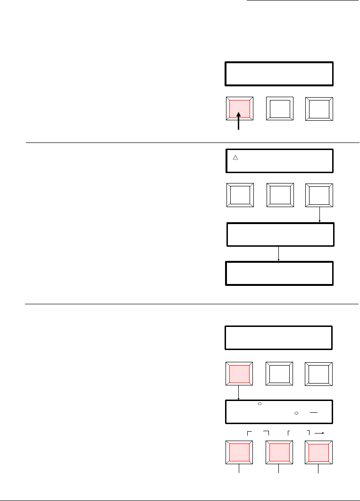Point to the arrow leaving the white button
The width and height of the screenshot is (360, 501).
coord(320,216)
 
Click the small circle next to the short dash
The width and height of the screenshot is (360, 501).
coord(296,413)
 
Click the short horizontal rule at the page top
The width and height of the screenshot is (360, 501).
coord(302,1)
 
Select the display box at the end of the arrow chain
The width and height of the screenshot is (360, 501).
coord(280,273)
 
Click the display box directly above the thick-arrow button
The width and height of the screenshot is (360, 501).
coord(279,73)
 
